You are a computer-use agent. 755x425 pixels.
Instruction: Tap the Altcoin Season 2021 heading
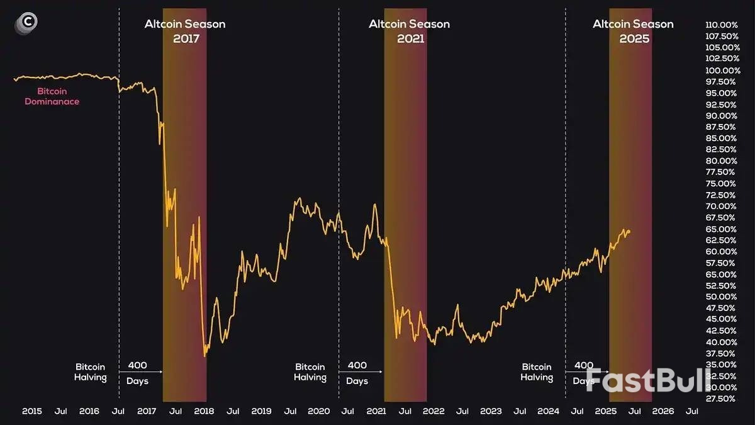click(x=409, y=31)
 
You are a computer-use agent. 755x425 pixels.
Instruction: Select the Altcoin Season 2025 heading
click(x=633, y=31)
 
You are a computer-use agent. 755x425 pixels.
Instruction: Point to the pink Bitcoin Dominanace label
click(x=52, y=96)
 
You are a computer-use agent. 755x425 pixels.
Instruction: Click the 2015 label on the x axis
click(x=32, y=411)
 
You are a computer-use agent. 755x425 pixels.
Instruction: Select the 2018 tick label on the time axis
click(x=204, y=411)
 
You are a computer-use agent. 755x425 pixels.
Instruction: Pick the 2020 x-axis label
click(x=319, y=411)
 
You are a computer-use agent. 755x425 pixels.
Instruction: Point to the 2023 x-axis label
click(x=491, y=411)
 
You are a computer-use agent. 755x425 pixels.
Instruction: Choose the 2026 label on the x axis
click(x=663, y=411)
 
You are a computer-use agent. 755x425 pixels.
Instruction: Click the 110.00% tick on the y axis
click(x=722, y=25)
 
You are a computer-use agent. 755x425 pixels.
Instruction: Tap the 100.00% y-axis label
click(x=722, y=71)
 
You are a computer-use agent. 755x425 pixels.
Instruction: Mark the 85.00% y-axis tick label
click(x=722, y=139)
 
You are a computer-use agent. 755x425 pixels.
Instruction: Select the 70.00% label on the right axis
click(x=722, y=207)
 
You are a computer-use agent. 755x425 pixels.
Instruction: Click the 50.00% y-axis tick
click(x=722, y=297)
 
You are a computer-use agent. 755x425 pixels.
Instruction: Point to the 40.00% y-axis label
click(x=722, y=342)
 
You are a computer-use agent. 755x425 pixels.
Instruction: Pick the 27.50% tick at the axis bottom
click(x=722, y=399)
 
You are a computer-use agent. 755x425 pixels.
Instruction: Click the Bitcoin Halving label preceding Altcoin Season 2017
click(x=91, y=372)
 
